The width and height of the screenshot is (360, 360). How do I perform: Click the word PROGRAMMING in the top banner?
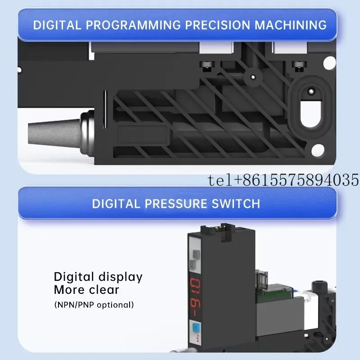[x=133, y=25]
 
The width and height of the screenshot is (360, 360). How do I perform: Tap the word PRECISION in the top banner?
[x=217, y=25]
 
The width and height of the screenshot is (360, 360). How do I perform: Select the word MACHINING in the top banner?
[x=290, y=25]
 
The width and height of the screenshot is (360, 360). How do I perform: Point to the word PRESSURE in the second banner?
[x=176, y=204]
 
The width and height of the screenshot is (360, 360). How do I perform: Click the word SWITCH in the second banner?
[x=236, y=204]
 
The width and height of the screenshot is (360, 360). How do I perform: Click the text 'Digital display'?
[x=98, y=277]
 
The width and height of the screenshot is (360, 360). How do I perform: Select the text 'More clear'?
[x=86, y=290]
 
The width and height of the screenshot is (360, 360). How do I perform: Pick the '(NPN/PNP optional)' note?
[x=94, y=305]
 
